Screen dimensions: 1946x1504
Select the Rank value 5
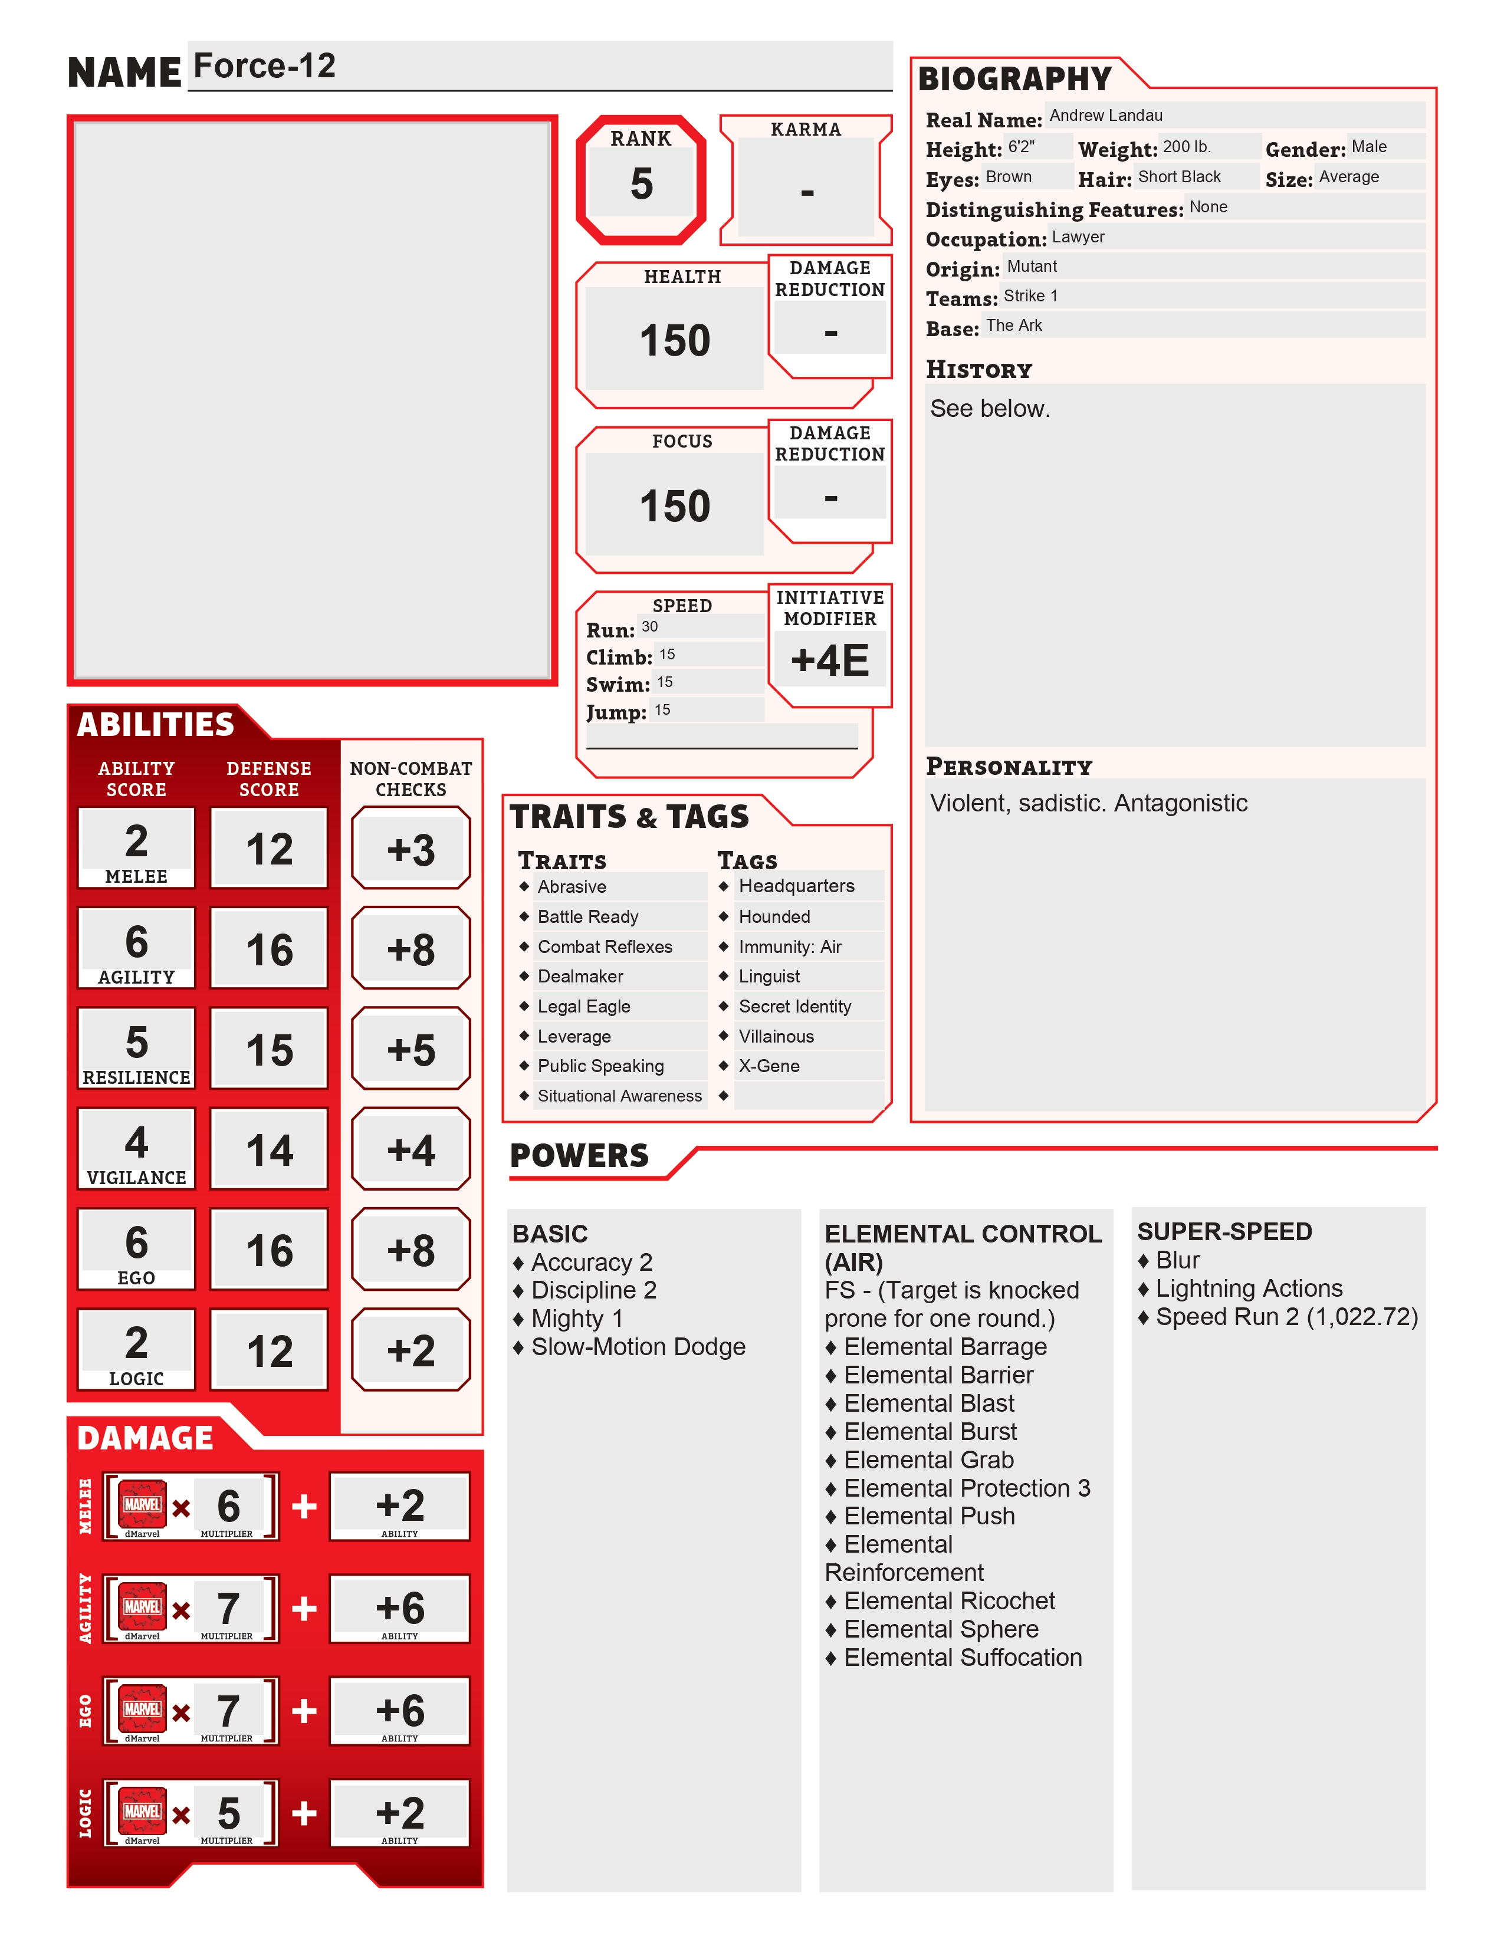(x=642, y=183)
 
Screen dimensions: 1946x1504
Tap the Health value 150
(x=675, y=340)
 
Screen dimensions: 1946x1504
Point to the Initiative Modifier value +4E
(x=829, y=660)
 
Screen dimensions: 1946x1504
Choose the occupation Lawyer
(x=1077, y=237)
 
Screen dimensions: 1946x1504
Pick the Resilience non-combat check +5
(x=411, y=1050)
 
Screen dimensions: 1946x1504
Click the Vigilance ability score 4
(x=136, y=1142)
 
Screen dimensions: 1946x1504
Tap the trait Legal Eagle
(x=583, y=1006)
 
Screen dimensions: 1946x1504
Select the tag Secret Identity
(x=795, y=1006)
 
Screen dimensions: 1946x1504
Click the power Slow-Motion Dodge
(x=638, y=1346)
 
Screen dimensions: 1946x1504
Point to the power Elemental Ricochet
(x=949, y=1600)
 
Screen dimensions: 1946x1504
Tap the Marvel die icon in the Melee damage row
(x=143, y=1504)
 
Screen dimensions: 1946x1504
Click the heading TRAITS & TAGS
(x=629, y=816)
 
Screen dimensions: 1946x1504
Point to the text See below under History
(x=990, y=408)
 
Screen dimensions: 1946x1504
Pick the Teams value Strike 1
(x=1030, y=296)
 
